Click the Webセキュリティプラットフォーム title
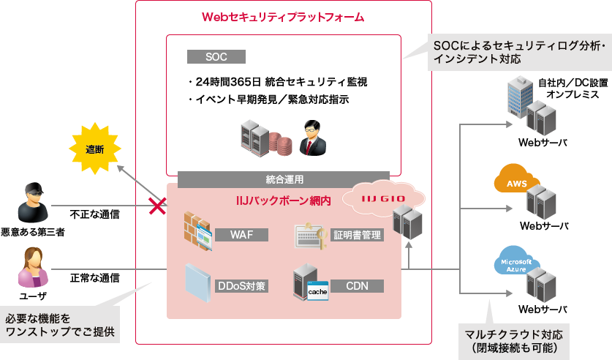pos(283,16)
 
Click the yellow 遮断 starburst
pos(94,150)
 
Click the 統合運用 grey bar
pos(284,179)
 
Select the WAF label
pos(241,235)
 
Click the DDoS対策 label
pos(241,285)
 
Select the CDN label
pos(357,285)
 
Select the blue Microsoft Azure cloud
pos(516,264)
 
